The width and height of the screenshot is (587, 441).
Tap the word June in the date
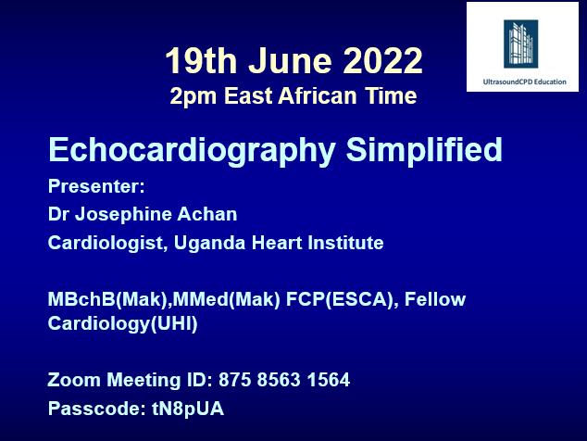pyautogui.click(x=290, y=60)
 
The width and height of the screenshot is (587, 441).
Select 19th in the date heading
pyautogui.click(x=201, y=60)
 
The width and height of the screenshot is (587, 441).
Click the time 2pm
pyautogui.click(x=194, y=96)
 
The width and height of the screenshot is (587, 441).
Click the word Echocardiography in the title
pyautogui.click(x=192, y=151)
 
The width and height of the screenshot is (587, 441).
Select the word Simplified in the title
pyautogui.click(x=424, y=151)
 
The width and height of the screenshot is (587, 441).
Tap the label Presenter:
pyautogui.click(x=96, y=186)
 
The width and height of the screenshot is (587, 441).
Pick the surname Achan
pyautogui.click(x=207, y=214)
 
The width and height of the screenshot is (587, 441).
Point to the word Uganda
pyautogui.click(x=209, y=243)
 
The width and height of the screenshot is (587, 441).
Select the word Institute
pyautogui.click(x=345, y=243)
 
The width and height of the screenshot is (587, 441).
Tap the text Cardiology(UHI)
pyautogui.click(x=123, y=324)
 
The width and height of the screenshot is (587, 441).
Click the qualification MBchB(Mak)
pyautogui.click(x=108, y=300)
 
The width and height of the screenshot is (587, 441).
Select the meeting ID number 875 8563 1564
pyautogui.click(x=284, y=380)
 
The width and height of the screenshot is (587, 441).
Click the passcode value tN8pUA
pyautogui.click(x=188, y=409)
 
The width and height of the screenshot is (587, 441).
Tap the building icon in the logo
pyautogui.click(x=520, y=44)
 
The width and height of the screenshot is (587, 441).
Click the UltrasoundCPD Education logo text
pyautogui.click(x=524, y=82)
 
